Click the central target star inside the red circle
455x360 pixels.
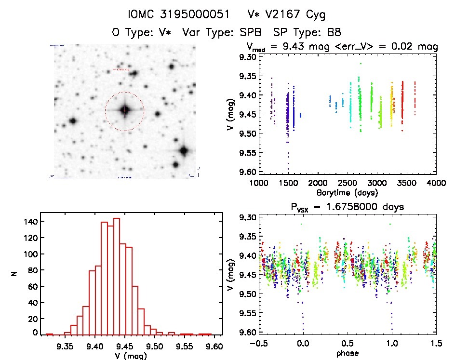(x=125, y=110)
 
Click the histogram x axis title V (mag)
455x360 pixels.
(x=131, y=356)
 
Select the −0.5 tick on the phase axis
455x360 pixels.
(x=256, y=346)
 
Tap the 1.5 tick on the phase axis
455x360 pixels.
(x=436, y=346)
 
